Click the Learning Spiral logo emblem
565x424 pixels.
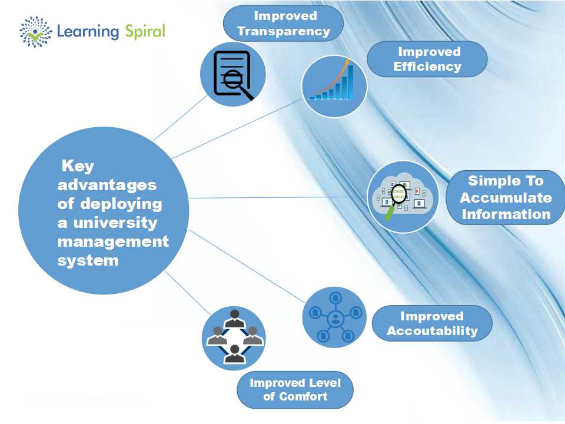36,31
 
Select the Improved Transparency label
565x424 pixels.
283,24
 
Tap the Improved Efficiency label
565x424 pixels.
427,59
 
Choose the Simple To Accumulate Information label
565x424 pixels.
506,197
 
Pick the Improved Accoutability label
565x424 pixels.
432,323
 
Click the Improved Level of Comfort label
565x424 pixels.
295,390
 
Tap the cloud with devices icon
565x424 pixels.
403,196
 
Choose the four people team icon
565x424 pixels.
234,337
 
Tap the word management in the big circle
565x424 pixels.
112,241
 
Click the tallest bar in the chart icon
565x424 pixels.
351,82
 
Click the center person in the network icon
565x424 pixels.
335,320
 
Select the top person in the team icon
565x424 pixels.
234,318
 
